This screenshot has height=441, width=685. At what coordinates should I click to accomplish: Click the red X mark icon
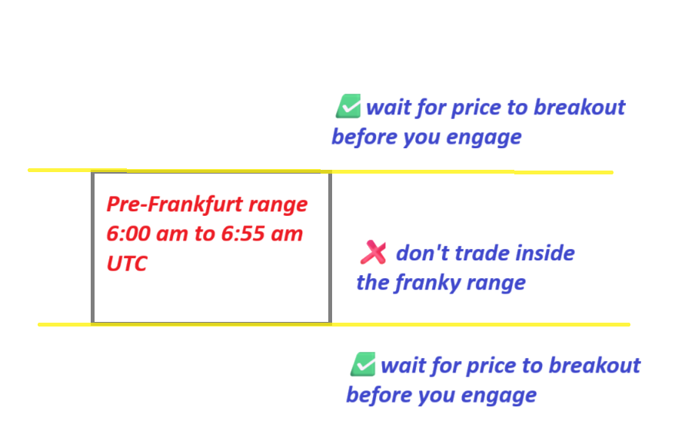(373, 252)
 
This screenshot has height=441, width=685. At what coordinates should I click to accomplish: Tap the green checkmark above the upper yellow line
(348, 106)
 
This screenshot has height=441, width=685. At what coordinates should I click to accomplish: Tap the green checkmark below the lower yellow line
(363, 364)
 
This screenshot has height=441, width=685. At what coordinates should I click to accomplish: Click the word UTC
(127, 264)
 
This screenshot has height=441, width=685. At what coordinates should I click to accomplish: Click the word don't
(422, 254)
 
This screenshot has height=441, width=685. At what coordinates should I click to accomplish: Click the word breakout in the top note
(579, 108)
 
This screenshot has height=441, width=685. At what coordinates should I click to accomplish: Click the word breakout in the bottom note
(594, 366)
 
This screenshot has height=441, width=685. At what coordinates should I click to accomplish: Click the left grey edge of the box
(92, 247)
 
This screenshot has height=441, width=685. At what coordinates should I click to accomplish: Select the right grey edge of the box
(330, 247)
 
